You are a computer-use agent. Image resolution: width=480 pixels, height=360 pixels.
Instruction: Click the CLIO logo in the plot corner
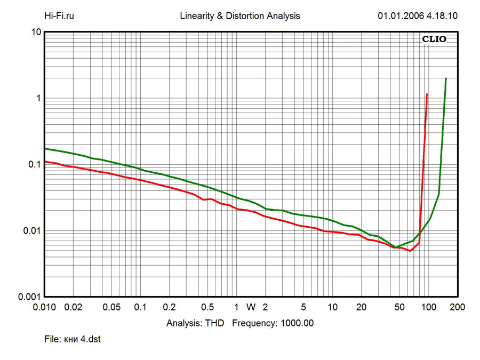pos(434,39)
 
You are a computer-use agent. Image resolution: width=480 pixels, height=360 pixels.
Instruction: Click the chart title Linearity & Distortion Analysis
pos(240,16)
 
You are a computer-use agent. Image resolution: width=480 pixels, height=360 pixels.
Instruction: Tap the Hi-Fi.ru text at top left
pos(59,16)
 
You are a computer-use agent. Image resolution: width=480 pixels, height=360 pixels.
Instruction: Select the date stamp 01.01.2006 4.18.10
pos(418,16)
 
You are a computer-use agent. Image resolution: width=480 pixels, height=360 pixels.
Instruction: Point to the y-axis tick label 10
pos(36,33)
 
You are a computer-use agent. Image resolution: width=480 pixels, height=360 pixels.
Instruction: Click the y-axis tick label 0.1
pos(35,165)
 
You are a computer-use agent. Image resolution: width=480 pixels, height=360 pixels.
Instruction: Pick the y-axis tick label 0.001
pos(30,297)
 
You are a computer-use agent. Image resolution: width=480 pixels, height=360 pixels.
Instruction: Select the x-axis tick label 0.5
pos(208,307)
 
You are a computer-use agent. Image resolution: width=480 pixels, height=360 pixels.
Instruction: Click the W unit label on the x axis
pos(251,307)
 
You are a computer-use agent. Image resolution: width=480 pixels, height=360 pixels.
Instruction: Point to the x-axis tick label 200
pos(457,307)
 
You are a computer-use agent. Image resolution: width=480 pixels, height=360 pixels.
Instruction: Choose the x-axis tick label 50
pos(399,307)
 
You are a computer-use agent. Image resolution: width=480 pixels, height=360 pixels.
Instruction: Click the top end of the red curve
pos(427,94)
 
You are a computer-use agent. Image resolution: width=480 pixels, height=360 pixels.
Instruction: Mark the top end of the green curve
pos(446,78)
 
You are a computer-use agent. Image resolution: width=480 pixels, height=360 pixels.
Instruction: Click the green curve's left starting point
pos(45,148)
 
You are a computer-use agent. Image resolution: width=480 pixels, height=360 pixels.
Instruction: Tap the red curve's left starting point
pos(45,161)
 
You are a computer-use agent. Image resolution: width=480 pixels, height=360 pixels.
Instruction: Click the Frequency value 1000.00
pos(295,323)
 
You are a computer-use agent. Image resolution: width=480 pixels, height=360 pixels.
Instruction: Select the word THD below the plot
pos(217,323)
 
